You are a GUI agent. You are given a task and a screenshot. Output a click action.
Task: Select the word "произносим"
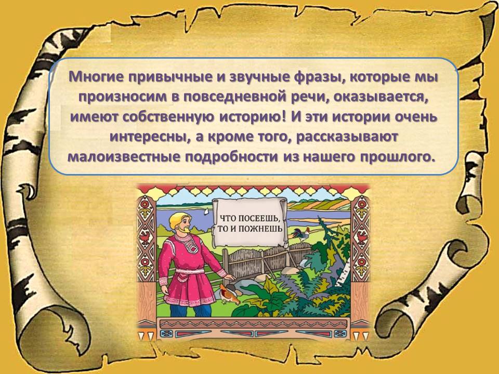tap(123, 97)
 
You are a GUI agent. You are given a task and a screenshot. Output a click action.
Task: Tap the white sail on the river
tap(207, 211)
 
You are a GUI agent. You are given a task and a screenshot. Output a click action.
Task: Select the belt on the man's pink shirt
tap(190, 271)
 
